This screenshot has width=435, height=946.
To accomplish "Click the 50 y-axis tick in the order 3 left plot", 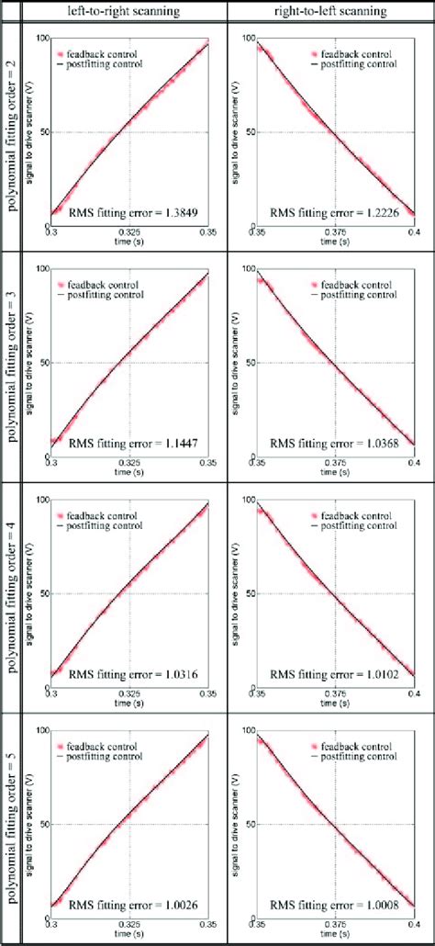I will click(42, 363).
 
